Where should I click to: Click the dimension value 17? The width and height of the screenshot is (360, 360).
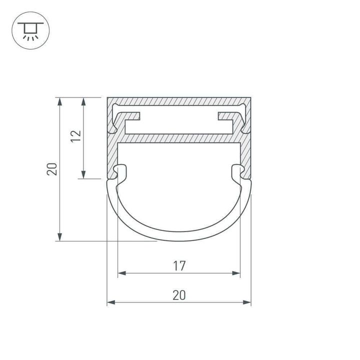(179, 266)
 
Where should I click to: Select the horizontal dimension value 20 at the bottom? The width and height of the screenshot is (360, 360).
(179, 295)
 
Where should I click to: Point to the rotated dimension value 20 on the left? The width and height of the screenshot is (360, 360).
(52, 169)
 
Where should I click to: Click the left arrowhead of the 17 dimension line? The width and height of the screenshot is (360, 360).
(120, 273)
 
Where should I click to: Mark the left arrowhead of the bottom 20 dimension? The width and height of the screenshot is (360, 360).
(110, 302)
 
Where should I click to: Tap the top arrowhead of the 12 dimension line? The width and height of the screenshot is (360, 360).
(84, 100)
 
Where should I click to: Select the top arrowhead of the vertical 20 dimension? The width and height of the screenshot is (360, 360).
(60, 100)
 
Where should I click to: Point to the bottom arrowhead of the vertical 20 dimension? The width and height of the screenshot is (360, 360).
(60, 237)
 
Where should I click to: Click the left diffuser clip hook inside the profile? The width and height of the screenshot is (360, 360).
(120, 173)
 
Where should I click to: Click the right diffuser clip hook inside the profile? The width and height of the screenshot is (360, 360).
(238, 173)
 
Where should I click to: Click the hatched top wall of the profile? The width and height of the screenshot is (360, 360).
(179, 100)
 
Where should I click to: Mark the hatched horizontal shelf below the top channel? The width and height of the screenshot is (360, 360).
(179, 137)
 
